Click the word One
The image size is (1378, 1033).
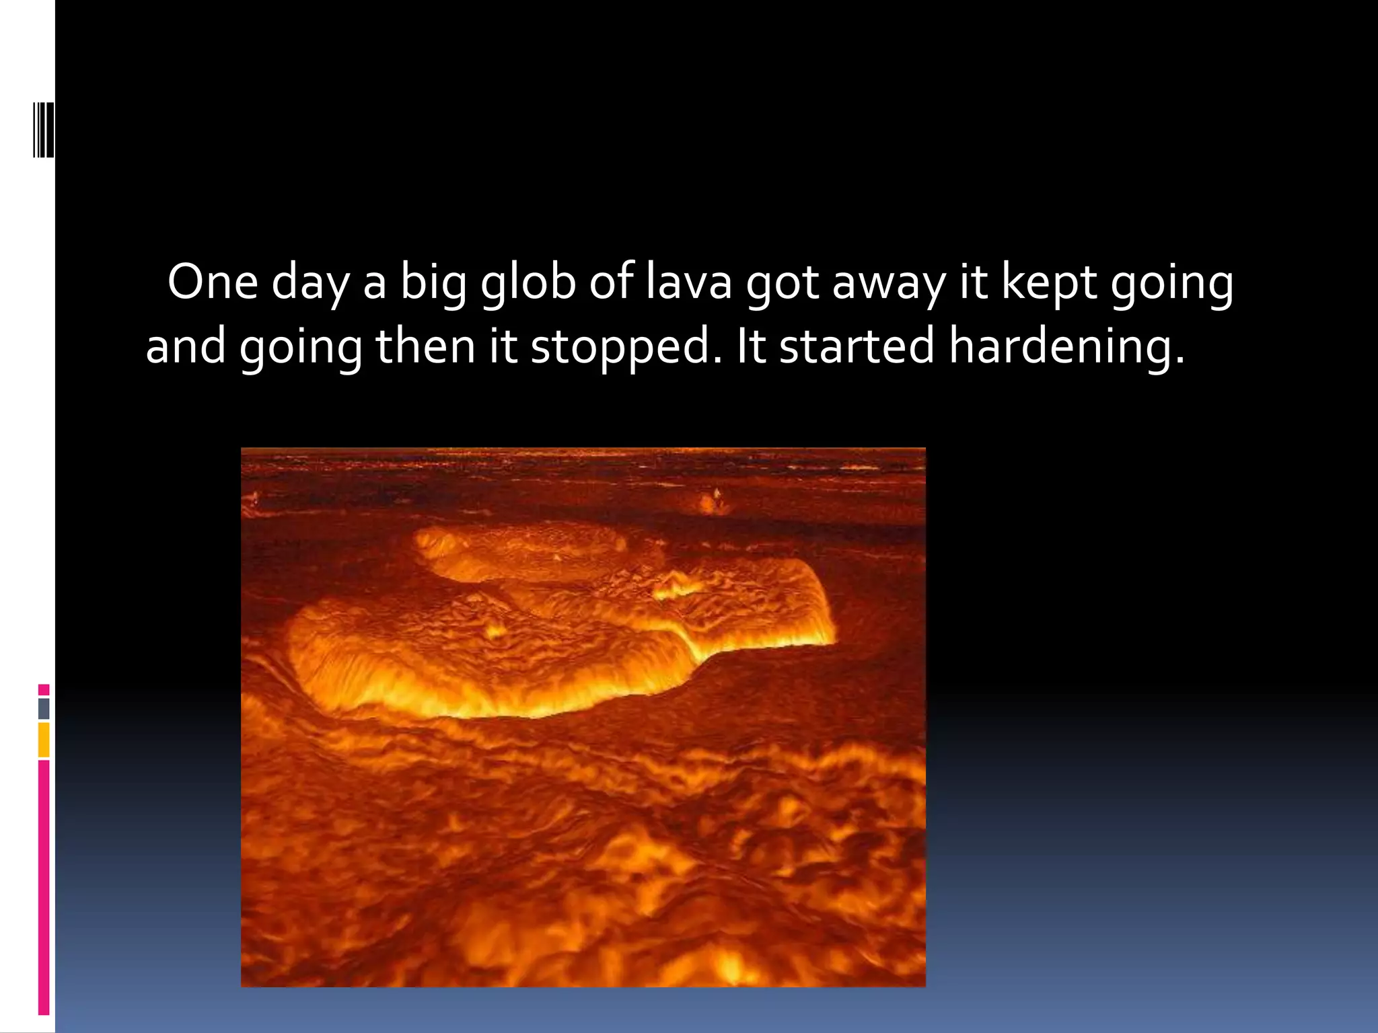[213, 282]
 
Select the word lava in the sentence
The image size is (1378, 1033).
[688, 282]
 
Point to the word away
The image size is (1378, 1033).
[889, 283]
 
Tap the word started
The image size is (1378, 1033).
[857, 346]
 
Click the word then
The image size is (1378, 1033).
[425, 346]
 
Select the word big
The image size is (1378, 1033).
[434, 283]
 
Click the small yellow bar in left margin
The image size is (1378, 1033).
[44, 740]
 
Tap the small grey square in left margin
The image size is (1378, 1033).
[44, 708]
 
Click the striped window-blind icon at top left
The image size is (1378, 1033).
[44, 128]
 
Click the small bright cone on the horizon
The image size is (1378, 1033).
[713, 500]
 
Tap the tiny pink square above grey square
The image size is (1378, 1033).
[44, 689]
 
